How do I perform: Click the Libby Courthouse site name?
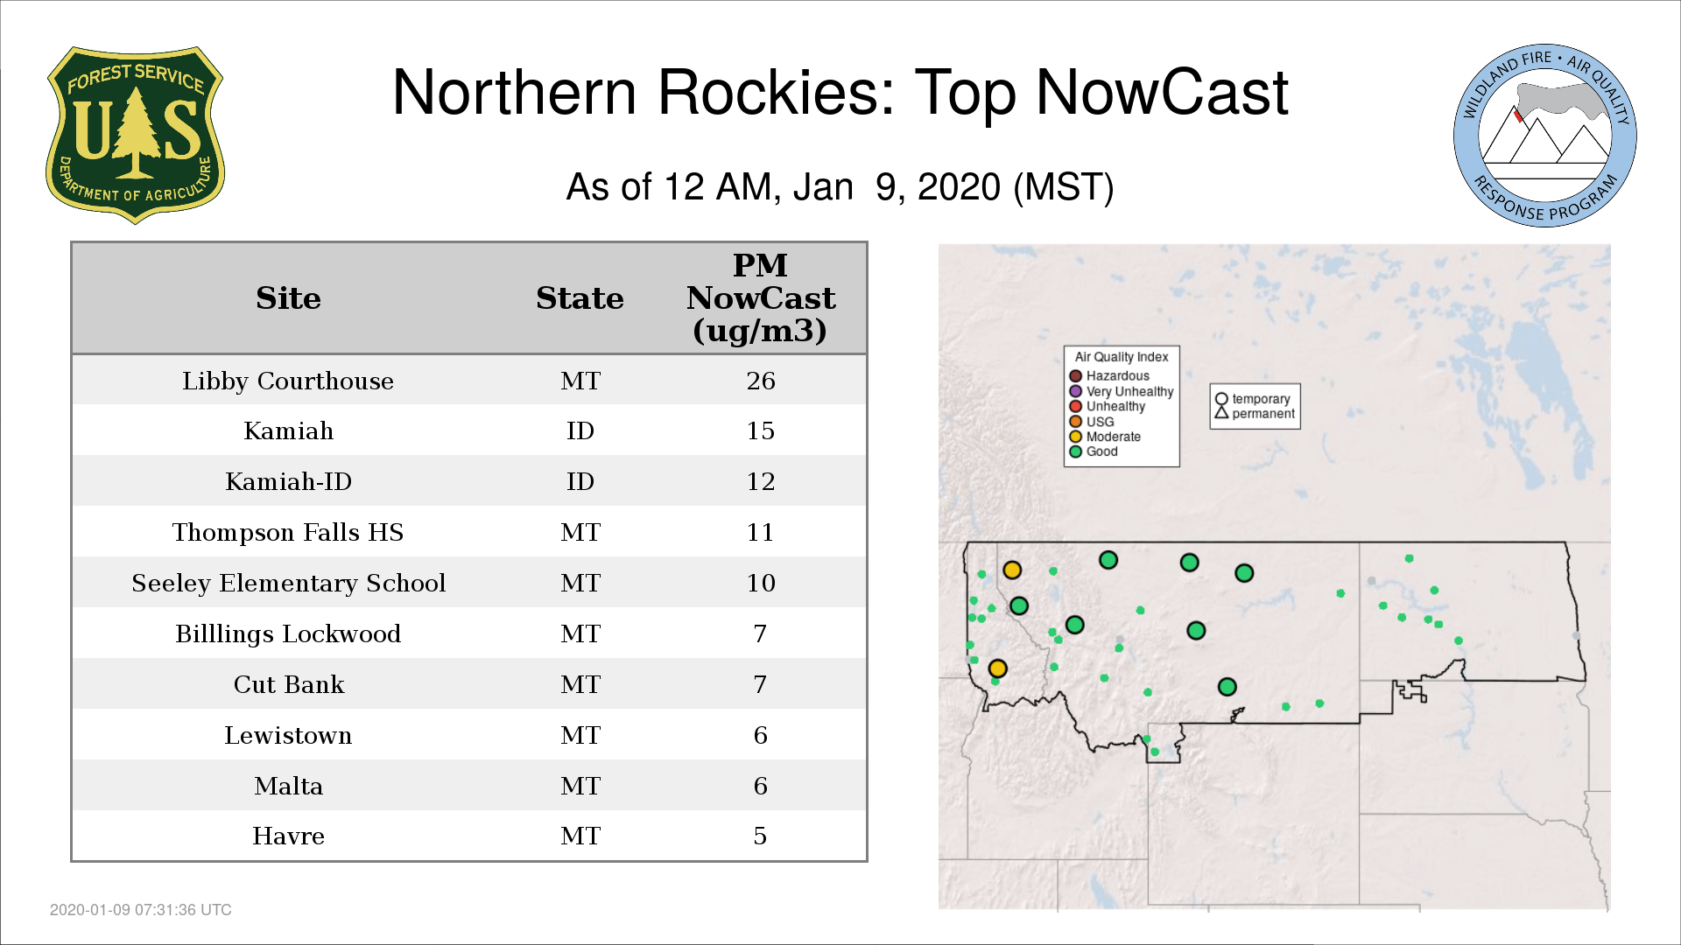coord(288,381)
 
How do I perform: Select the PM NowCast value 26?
coord(761,381)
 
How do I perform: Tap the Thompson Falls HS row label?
coord(288,532)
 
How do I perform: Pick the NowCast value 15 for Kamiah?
coord(761,430)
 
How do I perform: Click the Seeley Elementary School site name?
coord(289,583)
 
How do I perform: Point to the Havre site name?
coord(288,836)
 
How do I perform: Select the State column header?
coord(580,298)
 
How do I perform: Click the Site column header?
coord(288,298)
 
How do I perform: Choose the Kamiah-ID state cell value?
coord(580,481)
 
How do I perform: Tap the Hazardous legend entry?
coord(1109,376)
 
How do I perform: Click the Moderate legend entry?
coord(1105,437)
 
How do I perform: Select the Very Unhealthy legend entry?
coord(1122,391)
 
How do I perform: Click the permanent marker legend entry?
coord(1255,414)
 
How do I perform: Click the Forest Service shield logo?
coord(135,136)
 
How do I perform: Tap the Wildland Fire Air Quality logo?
coord(1545,136)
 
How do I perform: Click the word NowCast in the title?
coord(1162,92)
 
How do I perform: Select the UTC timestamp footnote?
coord(141,910)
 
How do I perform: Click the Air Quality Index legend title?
coord(1122,357)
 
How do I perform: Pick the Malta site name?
coord(288,786)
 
